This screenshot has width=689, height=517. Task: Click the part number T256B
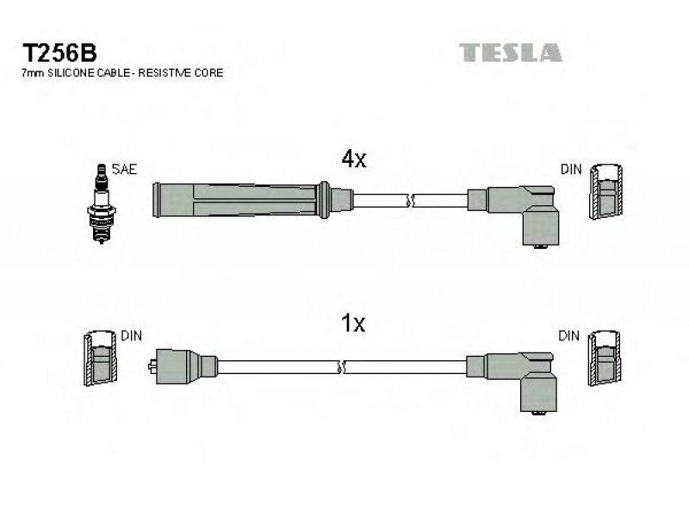click(59, 53)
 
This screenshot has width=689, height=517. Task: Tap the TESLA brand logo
click(511, 53)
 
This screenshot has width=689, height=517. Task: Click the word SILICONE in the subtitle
click(71, 73)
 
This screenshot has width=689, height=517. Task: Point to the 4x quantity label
click(354, 159)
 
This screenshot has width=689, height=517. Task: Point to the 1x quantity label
click(353, 324)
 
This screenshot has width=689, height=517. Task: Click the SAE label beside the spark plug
click(124, 169)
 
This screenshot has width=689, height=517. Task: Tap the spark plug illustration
click(102, 203)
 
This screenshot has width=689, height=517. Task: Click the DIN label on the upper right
click(571, 169)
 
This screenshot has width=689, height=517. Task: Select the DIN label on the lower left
click(132, 336)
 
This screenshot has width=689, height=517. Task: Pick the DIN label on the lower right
click(568, 336)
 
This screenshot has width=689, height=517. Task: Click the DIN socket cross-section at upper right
click(606, 191)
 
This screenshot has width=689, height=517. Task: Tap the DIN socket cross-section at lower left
click(101, 358)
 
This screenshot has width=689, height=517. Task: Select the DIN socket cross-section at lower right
click(605, 358)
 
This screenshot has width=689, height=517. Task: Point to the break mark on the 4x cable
click(410, 201)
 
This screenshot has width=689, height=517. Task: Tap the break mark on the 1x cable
click(341, 367)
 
